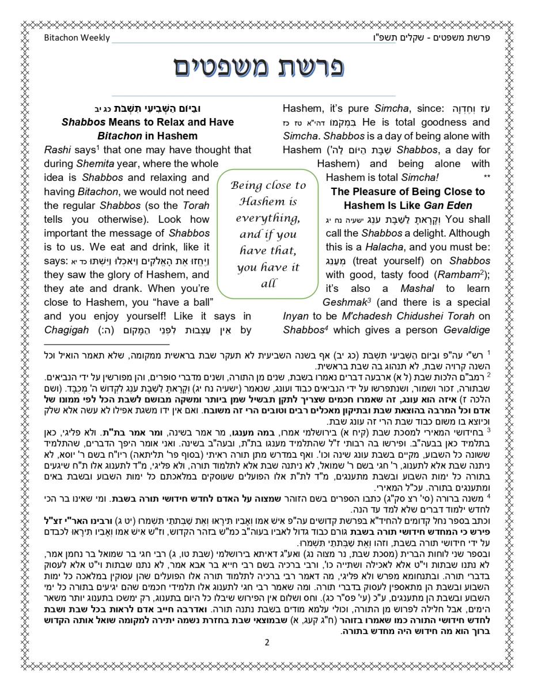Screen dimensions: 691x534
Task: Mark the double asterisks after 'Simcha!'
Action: point(487,178)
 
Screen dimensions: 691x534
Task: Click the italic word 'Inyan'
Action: point(296,316)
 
